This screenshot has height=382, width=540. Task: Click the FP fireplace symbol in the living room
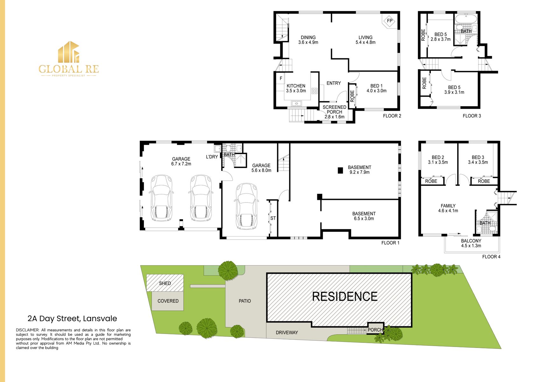pos(389,21)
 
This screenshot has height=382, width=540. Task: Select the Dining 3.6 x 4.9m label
pos(308,40)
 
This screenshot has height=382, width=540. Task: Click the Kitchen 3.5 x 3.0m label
pos(296,88)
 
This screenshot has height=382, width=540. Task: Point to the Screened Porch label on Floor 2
pos(334,112)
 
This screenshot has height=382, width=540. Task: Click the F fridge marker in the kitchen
pos(281,78)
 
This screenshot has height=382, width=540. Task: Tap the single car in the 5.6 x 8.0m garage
pos(246,206)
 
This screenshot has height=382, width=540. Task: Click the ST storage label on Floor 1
pos(273,218)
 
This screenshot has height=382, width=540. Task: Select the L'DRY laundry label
pos(212,157)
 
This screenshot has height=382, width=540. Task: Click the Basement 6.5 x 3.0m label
pos(364,216)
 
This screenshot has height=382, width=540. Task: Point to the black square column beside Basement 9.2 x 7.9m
pos(340,170)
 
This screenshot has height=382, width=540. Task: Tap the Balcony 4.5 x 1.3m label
pos(471,243)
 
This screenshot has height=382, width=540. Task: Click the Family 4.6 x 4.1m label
pos(448,208)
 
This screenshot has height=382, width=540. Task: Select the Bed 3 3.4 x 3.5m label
pos(478,160)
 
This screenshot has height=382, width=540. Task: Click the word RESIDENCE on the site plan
pos(345,297)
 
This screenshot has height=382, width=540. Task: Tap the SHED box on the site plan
pos(165,283)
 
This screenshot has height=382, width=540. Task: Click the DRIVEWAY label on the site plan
pos(287,333)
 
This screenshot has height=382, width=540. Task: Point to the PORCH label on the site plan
pos(375,330)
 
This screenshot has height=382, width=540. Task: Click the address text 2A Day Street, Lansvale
pos(72,319)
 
